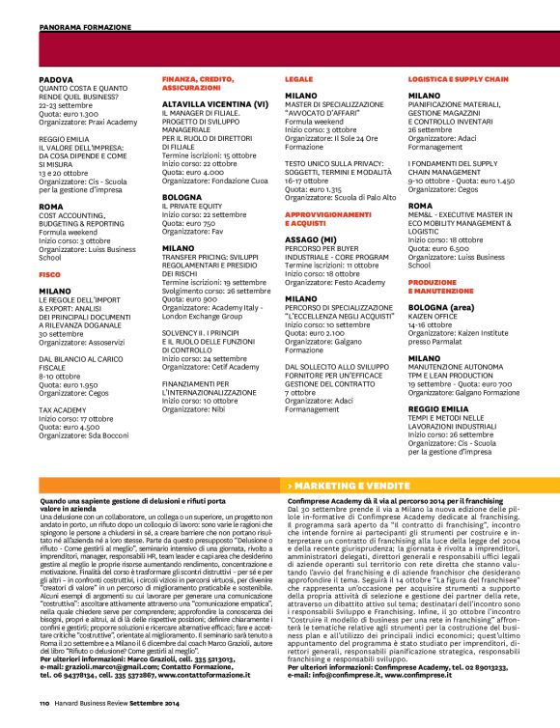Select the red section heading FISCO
[49, 274]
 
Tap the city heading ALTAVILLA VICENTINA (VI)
[214, 102]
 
